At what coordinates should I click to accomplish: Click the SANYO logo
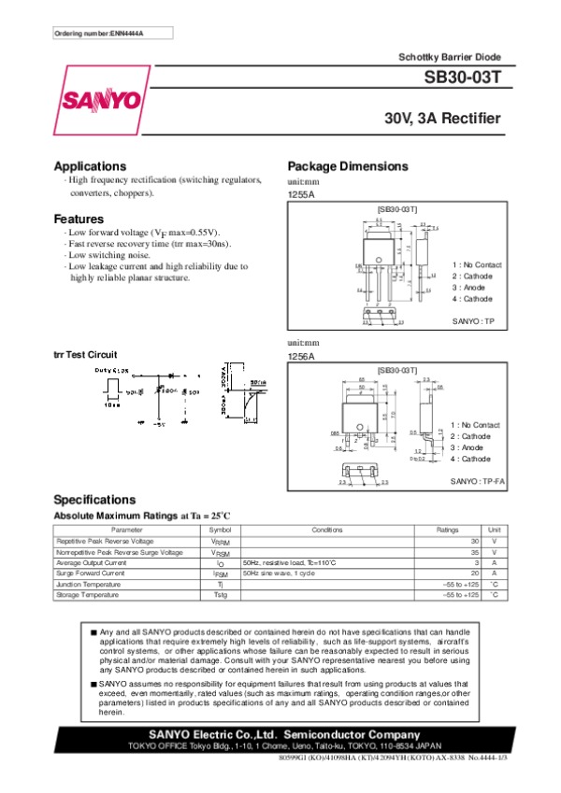point(103,100)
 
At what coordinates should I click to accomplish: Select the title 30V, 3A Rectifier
point(442,120)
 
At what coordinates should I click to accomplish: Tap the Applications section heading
point(90,165)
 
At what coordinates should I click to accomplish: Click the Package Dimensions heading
point(348,165)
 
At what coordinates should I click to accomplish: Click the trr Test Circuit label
point(85,355)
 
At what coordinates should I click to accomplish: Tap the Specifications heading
point(94,499)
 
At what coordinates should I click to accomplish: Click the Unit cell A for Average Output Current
point(495,563)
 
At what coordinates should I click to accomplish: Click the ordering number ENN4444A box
point(99,35)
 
